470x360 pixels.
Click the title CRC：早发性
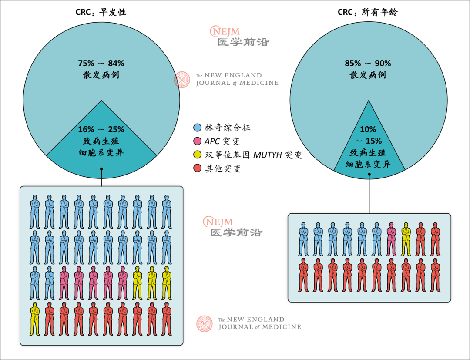click(101, 12)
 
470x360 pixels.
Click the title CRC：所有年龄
click(368, 12)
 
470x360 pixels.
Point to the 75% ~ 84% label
click(101, 64)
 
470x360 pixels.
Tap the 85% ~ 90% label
click(368, 64)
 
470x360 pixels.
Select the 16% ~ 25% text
click(101, 130)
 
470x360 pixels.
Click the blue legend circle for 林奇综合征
click(197, 128)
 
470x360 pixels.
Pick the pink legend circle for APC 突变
click(197, 141)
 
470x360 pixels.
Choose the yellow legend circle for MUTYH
click(197, 155)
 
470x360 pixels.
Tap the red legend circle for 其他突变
click(197, 168)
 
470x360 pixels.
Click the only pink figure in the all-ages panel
click(391, 239)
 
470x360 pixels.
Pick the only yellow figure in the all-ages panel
click(406, 239)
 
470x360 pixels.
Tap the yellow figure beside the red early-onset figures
click(34, 319)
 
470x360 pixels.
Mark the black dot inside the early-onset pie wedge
click(101, 169)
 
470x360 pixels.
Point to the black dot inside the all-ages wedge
click(369, 175)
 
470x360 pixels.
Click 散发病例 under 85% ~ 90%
click(368, 75)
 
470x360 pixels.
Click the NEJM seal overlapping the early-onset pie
click(182, 80)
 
